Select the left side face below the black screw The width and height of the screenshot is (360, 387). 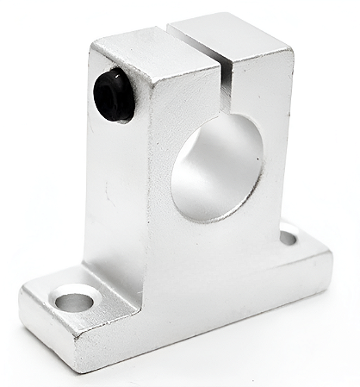[116, 198]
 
